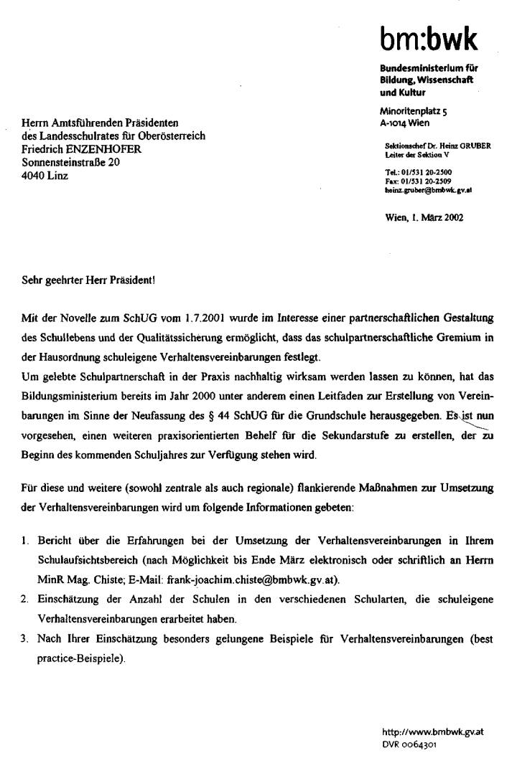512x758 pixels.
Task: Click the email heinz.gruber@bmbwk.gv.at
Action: (428, 190)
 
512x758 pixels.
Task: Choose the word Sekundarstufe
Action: (310, 435)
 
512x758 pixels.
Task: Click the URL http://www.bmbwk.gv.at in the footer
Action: (432, 732)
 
